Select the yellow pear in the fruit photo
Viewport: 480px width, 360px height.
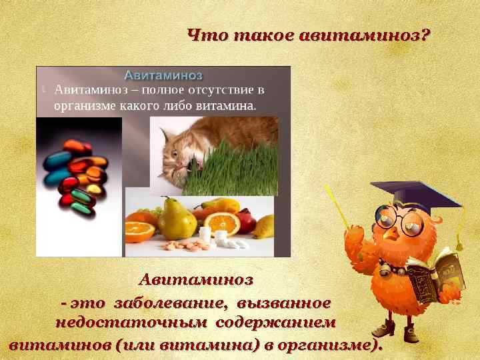(177, 219)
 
